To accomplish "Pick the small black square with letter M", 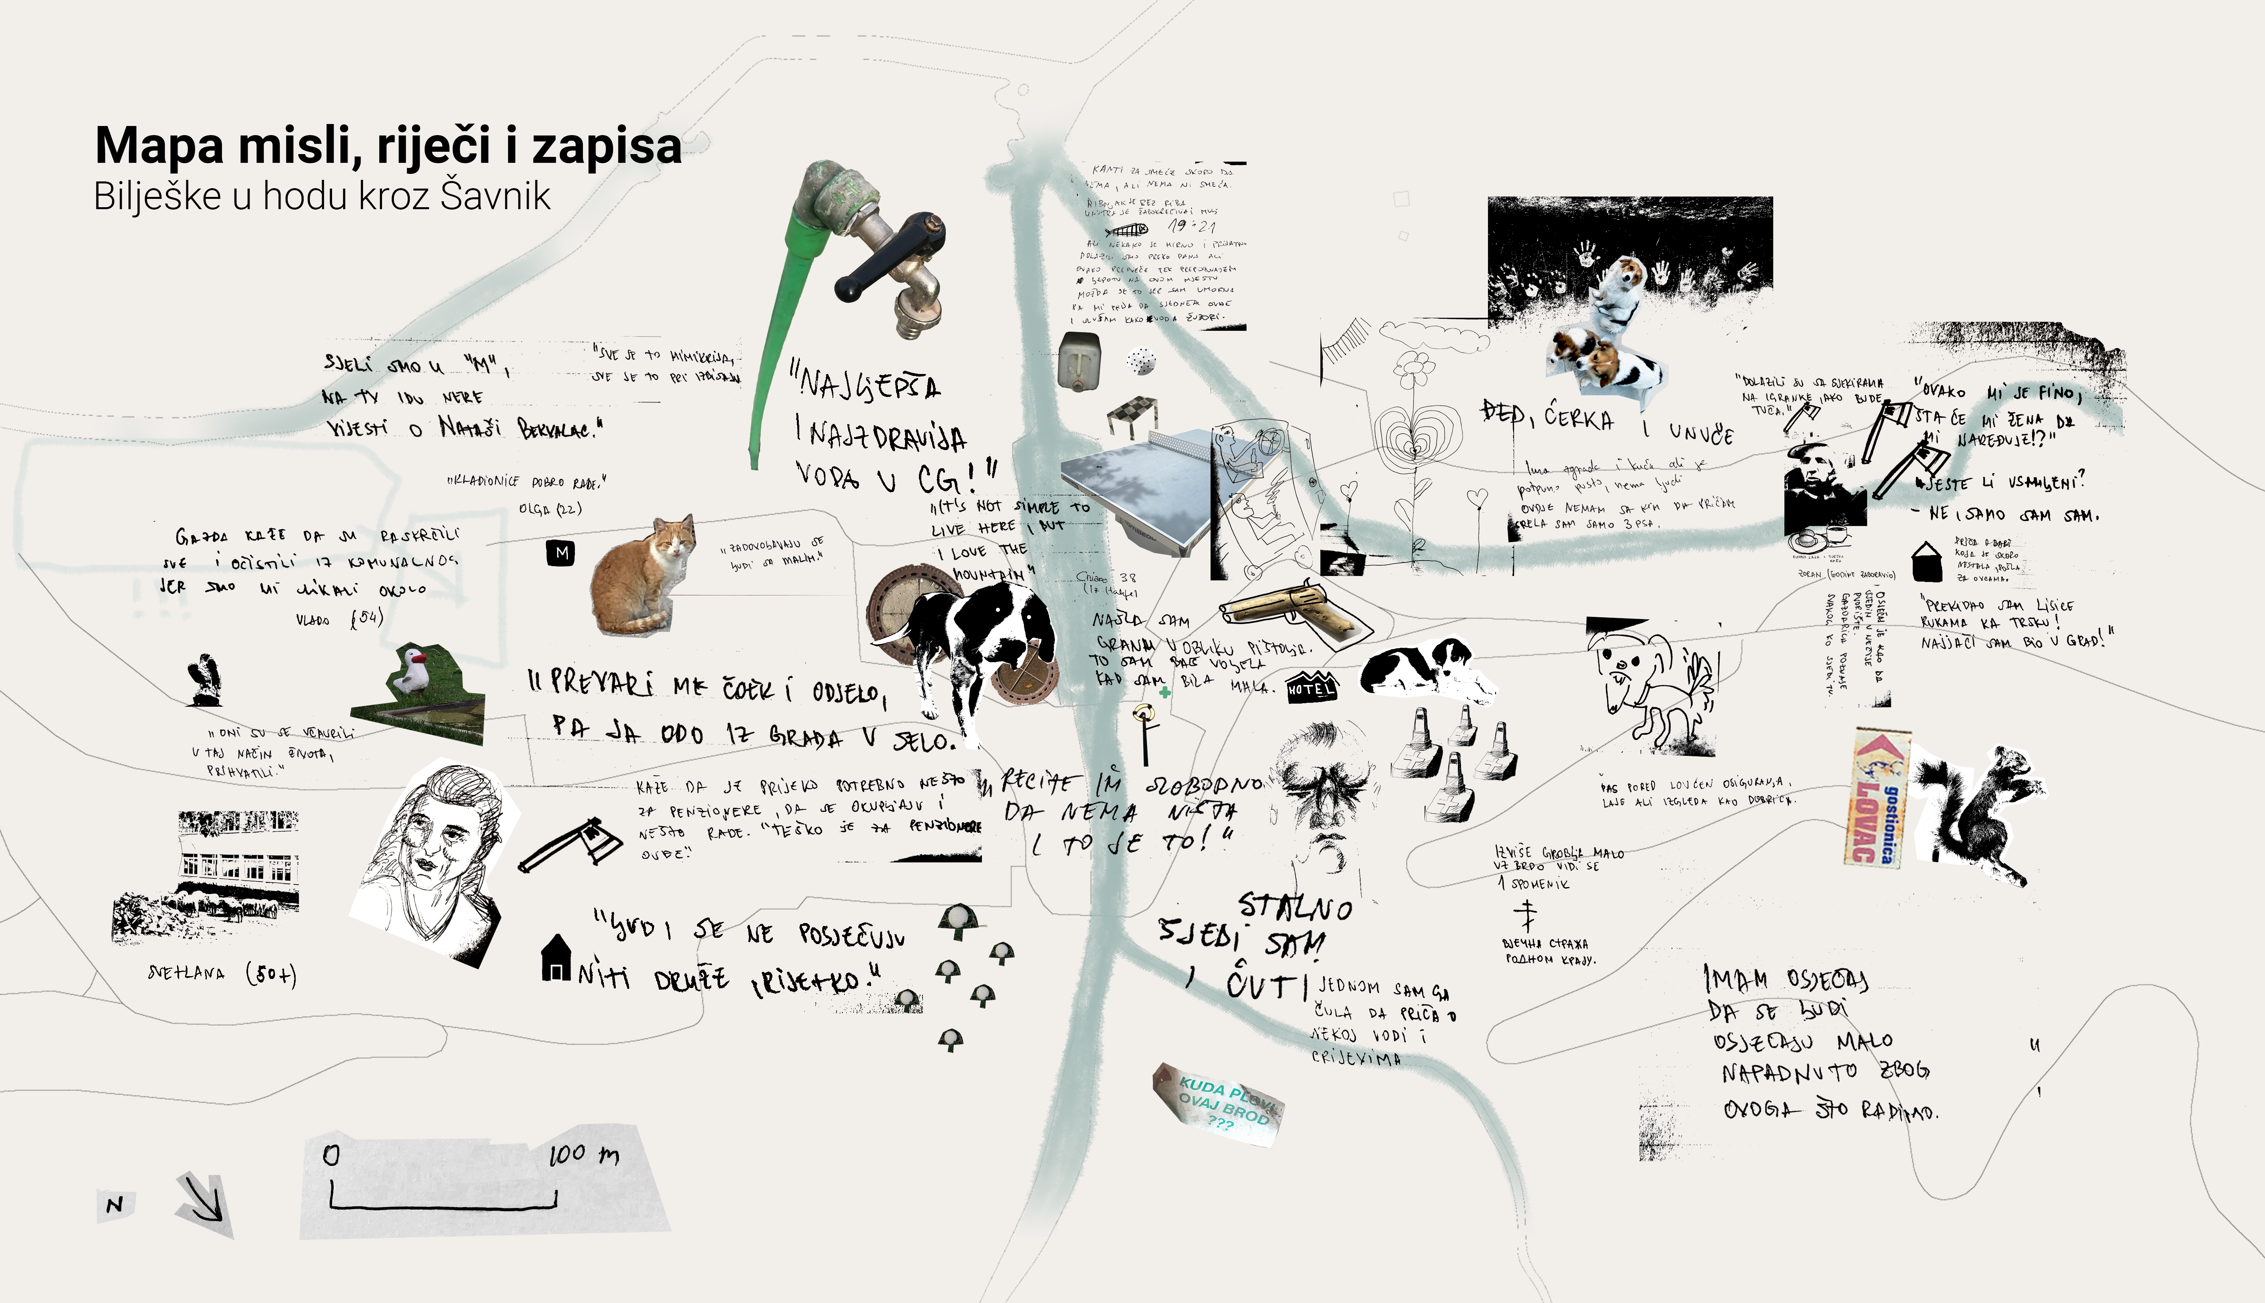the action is (561, 553).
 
